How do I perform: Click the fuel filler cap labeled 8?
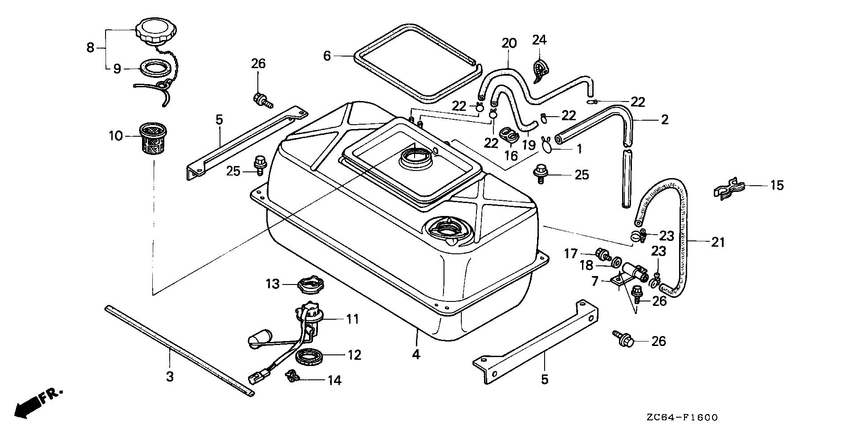157,31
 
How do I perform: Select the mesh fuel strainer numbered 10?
152,139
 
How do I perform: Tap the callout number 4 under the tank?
416,354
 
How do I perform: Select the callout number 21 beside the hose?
718,243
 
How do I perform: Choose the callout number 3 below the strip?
170,377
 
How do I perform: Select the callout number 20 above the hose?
509,43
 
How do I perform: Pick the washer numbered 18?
616,263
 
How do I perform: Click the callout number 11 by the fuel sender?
353,319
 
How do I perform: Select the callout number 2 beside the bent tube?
665,119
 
